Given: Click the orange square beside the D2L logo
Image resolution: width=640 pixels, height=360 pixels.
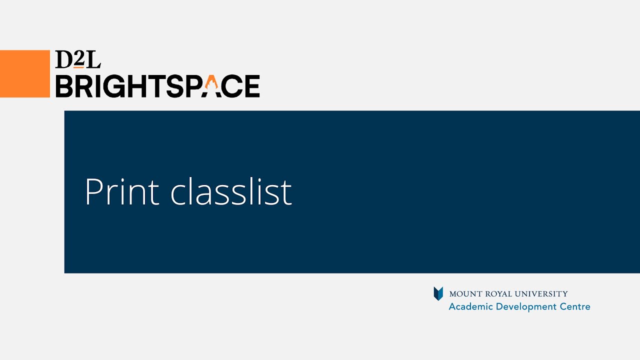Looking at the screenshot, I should [25, 73].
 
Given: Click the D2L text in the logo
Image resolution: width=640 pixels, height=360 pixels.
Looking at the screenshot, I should [78, 59].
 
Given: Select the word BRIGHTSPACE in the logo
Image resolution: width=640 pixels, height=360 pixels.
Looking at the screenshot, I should [157, 86].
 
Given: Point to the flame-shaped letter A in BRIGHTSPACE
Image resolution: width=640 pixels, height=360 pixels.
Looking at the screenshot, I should [211, 86].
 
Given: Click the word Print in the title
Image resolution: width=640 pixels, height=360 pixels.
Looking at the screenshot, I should [122, 191].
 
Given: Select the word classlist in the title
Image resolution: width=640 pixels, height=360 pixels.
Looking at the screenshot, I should [231, 191].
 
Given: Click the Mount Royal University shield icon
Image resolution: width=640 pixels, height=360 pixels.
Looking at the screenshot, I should [438, 293].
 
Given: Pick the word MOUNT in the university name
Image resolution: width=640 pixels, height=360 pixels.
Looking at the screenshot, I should [462, 294].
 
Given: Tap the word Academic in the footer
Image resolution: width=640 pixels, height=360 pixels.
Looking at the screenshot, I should [468, 306].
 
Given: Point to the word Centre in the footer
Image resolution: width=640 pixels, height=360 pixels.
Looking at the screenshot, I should [575, 306].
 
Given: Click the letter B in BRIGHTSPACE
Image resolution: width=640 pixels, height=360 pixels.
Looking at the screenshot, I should [65, 86].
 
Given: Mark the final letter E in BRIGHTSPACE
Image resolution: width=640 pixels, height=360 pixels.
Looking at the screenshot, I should [251, 86].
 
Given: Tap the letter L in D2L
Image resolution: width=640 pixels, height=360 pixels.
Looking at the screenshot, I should [92, 59].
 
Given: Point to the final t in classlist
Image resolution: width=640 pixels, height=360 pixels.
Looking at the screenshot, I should [286, 192].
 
